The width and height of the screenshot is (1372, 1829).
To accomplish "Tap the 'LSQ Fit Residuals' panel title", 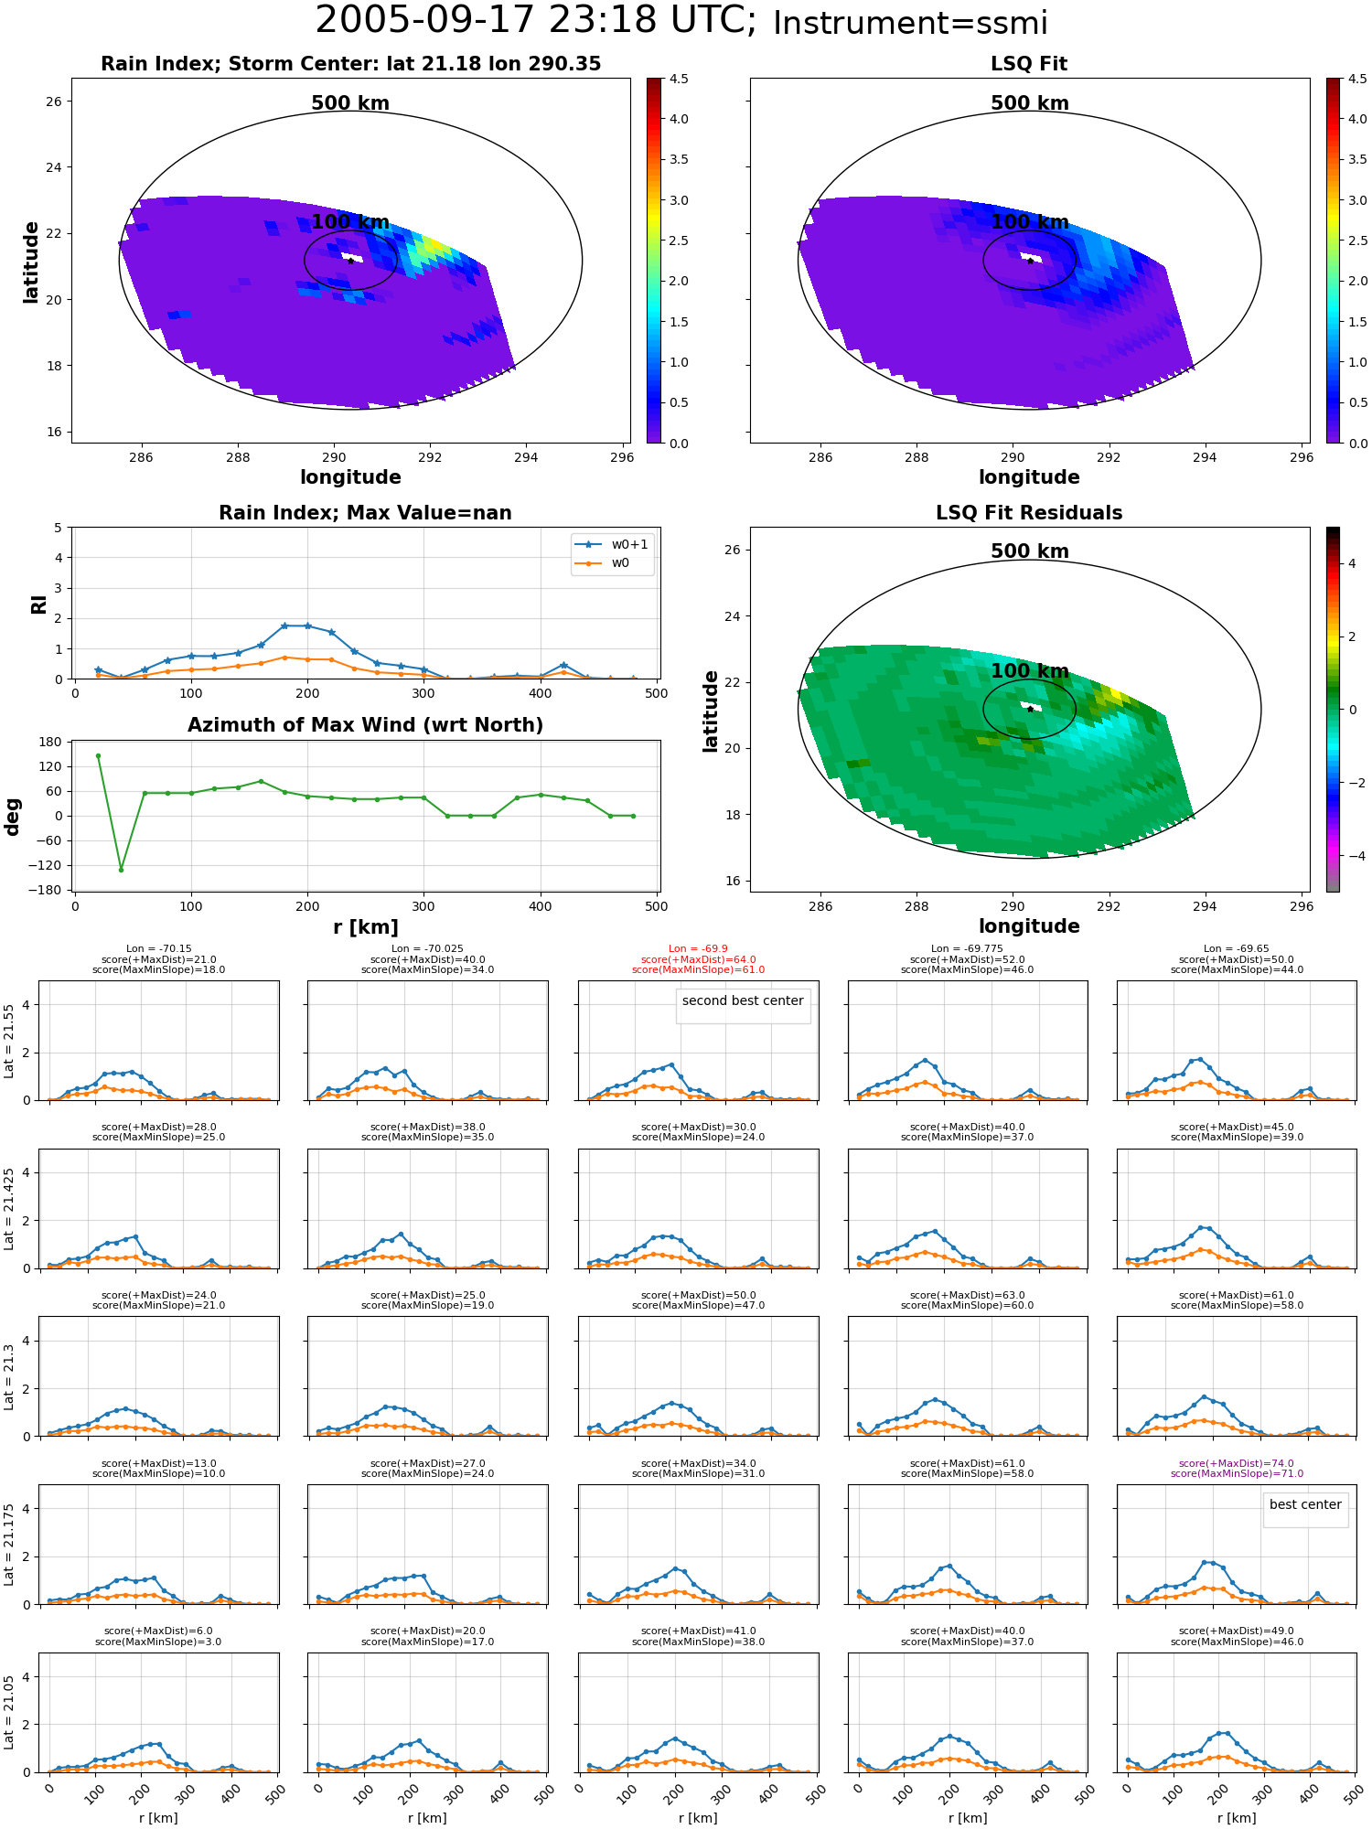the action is click(1029, 513).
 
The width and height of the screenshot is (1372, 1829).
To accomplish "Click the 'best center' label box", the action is click(1305, 1504).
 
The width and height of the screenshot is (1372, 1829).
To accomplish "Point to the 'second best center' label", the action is click(743, 1000).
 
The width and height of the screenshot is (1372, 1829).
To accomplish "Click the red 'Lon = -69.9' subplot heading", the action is click(698, 949).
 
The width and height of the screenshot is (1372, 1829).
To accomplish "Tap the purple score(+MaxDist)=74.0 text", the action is click(1237, 1463).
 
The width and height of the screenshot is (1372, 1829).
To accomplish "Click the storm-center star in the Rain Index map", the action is click(350, 261).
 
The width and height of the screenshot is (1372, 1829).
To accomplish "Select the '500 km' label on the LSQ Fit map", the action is click(1029, 103).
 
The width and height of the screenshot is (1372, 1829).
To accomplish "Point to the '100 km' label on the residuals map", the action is click(1029, 671).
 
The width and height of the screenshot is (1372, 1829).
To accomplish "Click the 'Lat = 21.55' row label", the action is click(9, 1041).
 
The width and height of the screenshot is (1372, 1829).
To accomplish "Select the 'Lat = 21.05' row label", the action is click(9, 1713).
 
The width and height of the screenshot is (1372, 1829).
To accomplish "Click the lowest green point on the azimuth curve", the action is click(121, 870).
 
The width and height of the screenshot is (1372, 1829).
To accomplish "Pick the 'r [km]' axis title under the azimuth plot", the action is click(366, 927).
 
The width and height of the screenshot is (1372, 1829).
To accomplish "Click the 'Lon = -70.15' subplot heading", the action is click(159, 949).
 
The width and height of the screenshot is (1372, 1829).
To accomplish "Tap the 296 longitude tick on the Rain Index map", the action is click(621, 457).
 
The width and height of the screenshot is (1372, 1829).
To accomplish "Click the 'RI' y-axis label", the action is click(38, 604).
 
